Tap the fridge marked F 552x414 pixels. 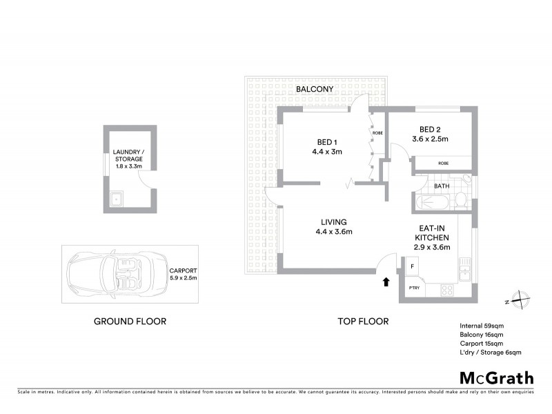click(x=412, y=266)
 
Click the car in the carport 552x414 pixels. click(x=114, y=273)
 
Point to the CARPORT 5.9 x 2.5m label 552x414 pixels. click(x=184, y=274)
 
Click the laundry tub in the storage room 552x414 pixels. click(x=115, y=201)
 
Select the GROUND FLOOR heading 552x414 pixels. click(x=130, y=322)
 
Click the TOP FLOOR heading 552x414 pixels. click(x=363, y=322)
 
